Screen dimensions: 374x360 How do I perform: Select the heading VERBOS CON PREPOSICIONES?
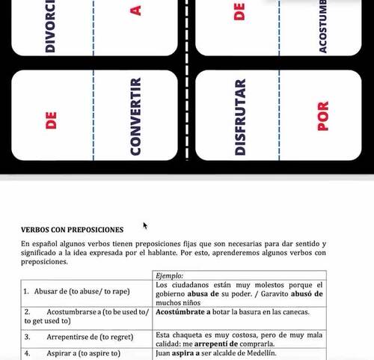click(72, 231)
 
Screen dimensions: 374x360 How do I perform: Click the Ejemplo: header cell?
click(171, 276)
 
